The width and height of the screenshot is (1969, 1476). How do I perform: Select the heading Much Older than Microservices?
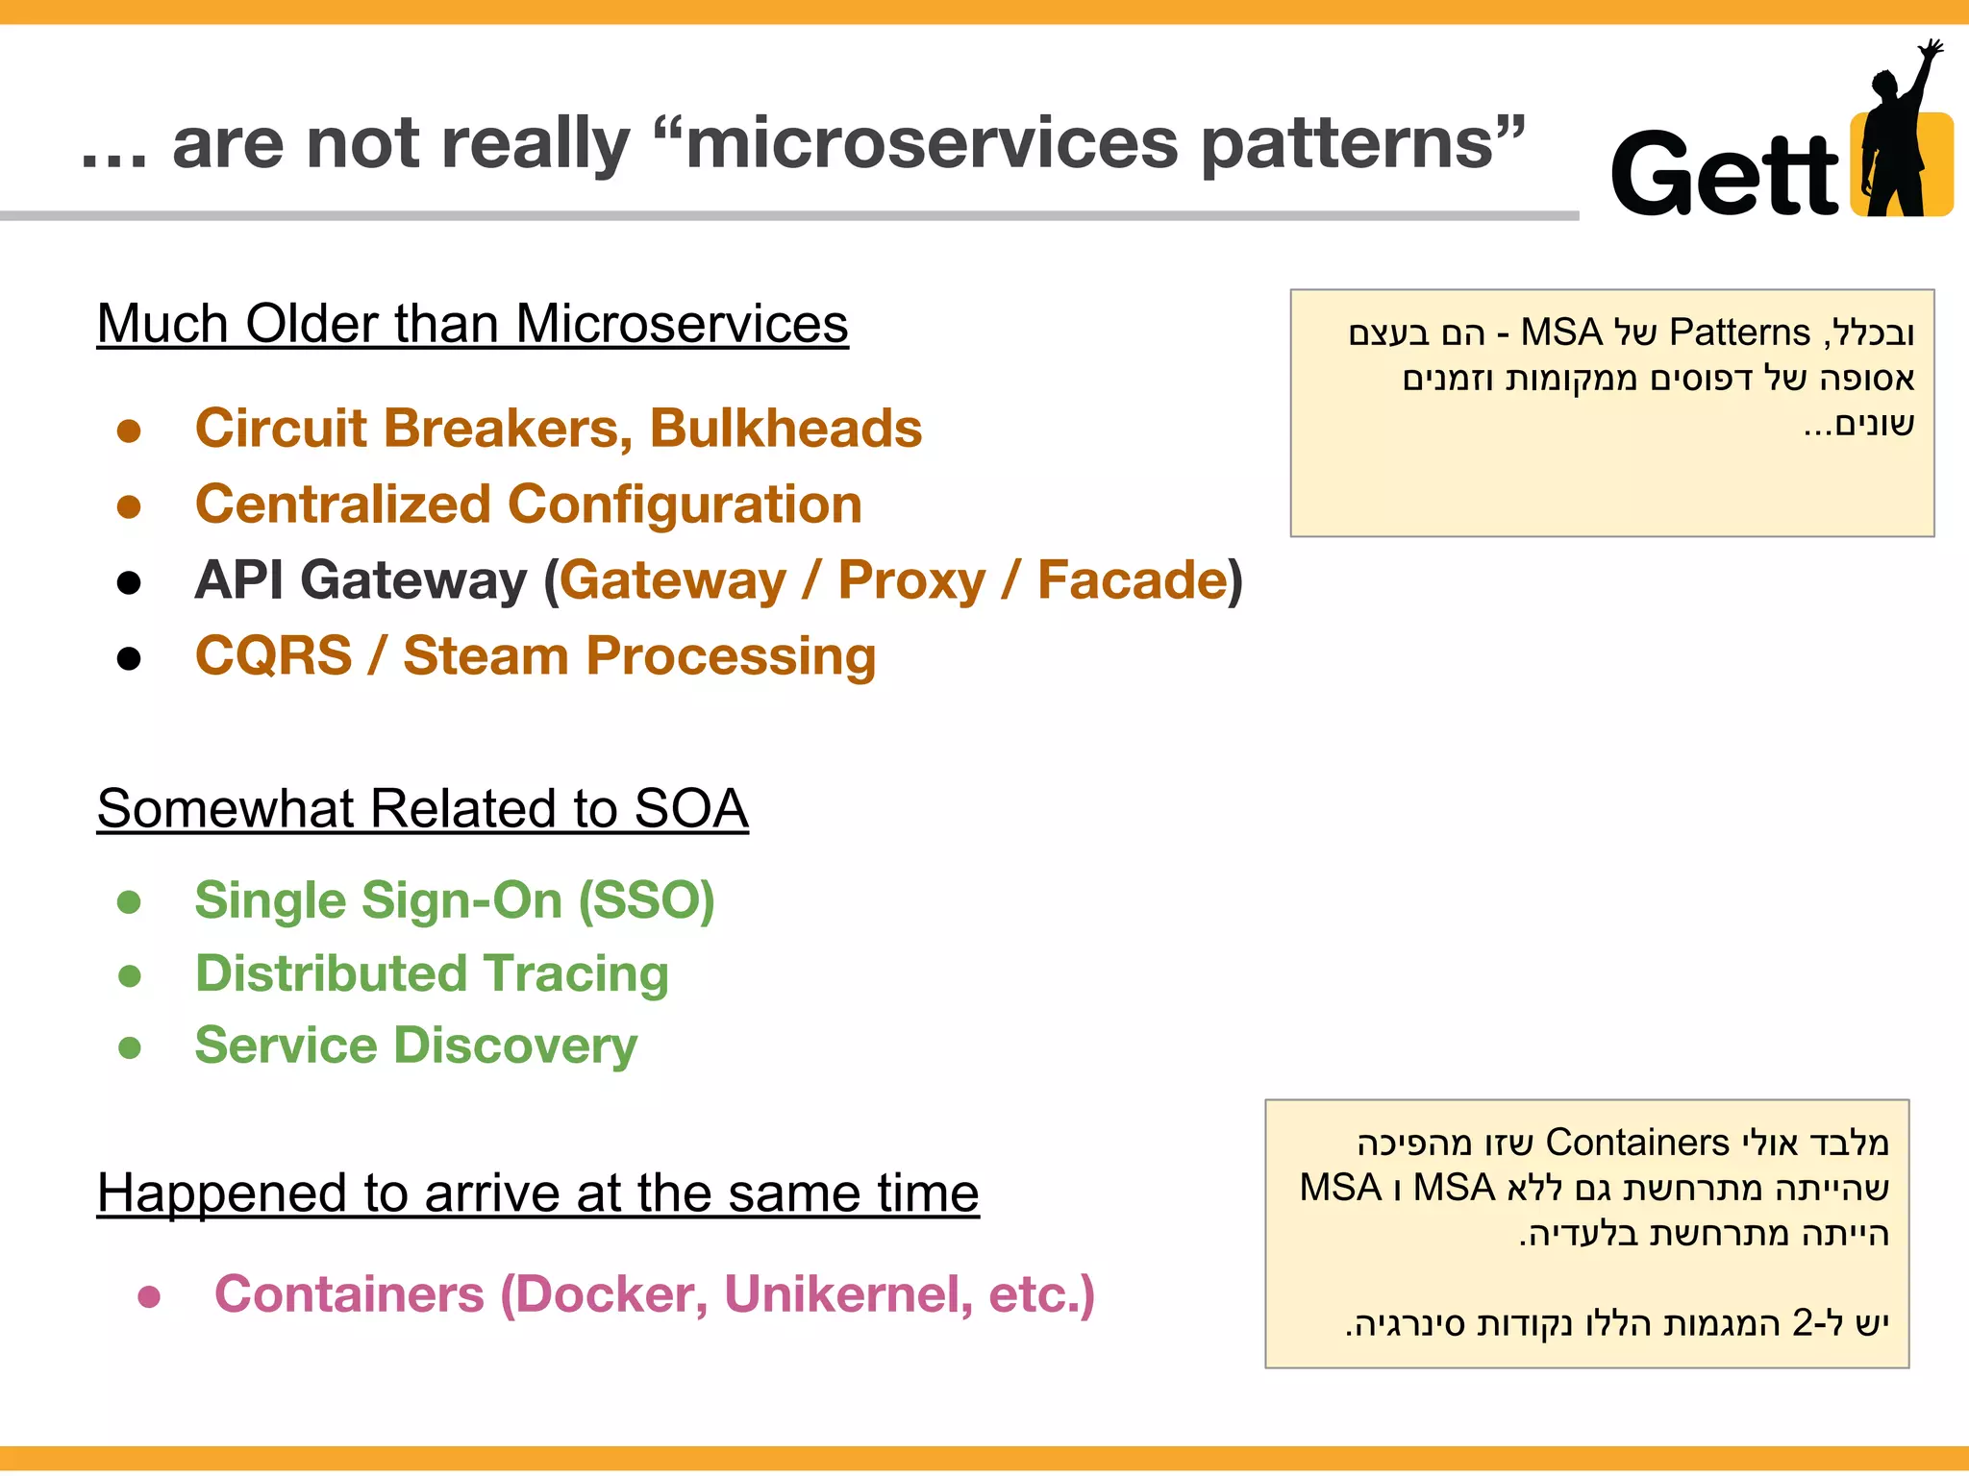(x=472, y=324)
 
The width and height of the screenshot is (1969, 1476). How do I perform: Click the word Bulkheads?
(x=785, y=428)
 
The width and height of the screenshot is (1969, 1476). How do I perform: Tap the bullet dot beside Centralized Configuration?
(x=129, y=506)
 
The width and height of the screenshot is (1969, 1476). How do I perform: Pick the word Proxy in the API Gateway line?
(x=911, y=580)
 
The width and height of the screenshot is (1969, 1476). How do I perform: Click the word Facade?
(x=1132, y=580)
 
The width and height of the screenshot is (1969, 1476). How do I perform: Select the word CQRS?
(x=273, y=656)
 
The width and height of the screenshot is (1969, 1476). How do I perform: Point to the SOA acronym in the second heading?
(x=690, y=808)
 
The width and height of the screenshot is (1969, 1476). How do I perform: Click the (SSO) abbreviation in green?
(x=646, y=900)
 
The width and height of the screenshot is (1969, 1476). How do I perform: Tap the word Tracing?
(x=576, y=973)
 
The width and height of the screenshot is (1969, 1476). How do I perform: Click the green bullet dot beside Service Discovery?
(x=129, y=1047)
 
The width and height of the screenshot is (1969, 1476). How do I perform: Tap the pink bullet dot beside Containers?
(x=149, y=1297)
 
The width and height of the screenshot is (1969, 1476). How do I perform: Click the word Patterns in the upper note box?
(x=1739, y=332)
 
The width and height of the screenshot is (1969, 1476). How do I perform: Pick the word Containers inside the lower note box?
(x=1637, y=1143)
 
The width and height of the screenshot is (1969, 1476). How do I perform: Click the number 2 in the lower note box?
(x=1802, y=1323)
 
